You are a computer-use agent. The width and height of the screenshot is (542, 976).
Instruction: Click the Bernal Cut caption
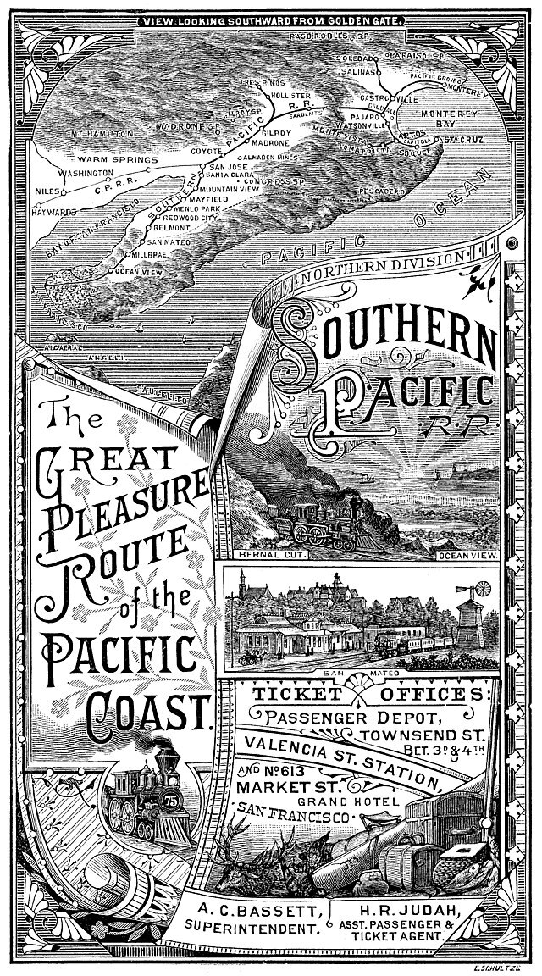252,556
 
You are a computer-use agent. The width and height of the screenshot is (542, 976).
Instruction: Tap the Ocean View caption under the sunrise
468,556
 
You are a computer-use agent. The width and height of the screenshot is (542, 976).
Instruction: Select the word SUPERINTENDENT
252,929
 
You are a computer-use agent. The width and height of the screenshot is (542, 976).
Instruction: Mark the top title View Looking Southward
263,19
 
